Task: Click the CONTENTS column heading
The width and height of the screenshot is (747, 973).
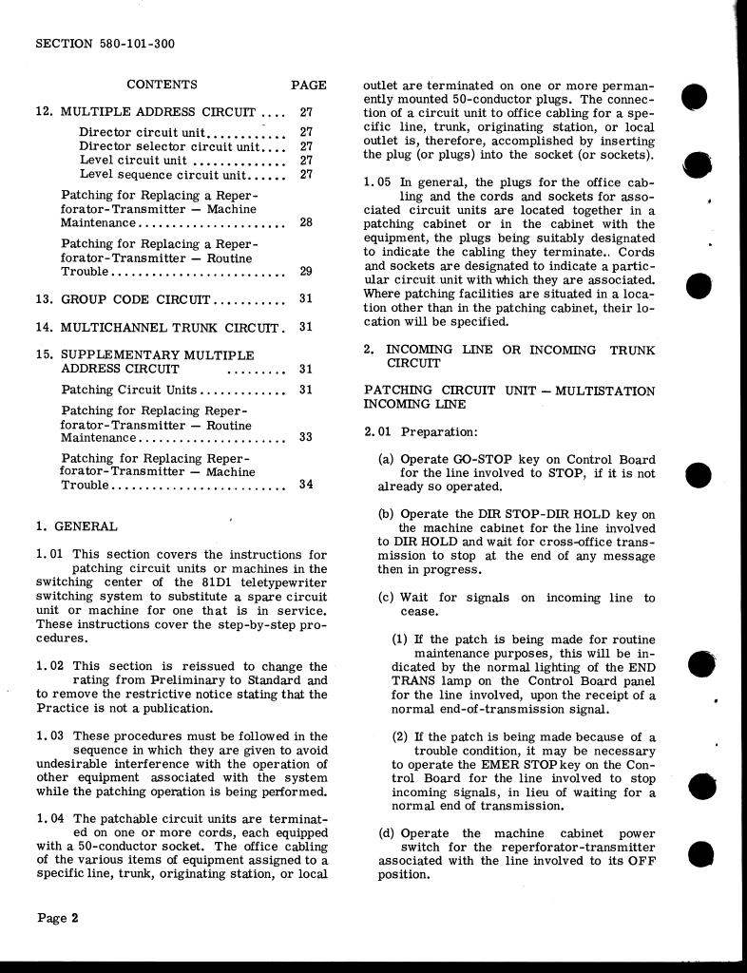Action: pyautogui.click(x=162, y=85)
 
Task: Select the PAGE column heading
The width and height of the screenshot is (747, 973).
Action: pyautogui.click(x=309, y=85)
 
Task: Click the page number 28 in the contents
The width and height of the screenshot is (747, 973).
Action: pyautogui.click(x=306, y=222)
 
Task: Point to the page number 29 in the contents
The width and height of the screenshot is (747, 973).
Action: pyautogui.click(x=306, y=271)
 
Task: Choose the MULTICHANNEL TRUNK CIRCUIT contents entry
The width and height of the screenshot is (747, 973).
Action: pyautogui.click(x=171, y=327)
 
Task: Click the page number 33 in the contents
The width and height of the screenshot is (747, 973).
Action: pyautogui.click(x=306, y=438)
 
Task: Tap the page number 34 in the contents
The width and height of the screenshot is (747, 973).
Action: pyautogui.click(x=306, y=484)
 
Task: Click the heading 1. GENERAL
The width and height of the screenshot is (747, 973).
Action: pyautogui.click(x=77, y=526)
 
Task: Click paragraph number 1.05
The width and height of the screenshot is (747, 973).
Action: pyautogui.click(x=377, y=182)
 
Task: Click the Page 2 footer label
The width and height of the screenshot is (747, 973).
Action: pyautogui.click(x=58, y=918)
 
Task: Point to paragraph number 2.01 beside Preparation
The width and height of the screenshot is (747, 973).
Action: pyautogui.click(x=378, y=432)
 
